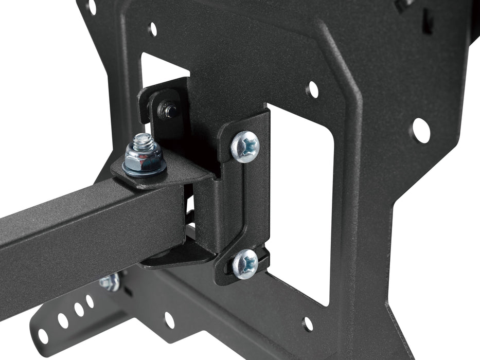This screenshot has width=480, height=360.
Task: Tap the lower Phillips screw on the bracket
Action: tap(245, 264)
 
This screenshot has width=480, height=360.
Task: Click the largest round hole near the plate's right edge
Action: tap(420, 131)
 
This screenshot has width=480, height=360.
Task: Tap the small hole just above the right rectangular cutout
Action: tap(312, 90)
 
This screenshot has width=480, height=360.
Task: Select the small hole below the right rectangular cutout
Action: tap(307, 323)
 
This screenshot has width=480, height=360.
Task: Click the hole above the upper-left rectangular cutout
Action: tap(152, 29)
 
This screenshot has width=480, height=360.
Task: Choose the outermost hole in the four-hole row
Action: tap(43, 336)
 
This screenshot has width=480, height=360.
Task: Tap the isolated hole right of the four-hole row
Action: tap(169, 320)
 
